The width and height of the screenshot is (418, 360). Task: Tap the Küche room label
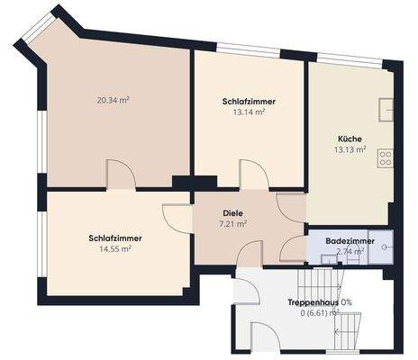(x=350, y=139)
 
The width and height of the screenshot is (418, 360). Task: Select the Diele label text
(x=233, y=214)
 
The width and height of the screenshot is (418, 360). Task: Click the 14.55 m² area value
(x=114, y=249)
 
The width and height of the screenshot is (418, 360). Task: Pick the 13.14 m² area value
(x=249, y=113)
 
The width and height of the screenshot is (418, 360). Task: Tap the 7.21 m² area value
(x=233, y=225)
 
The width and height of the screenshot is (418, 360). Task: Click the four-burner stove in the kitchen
(x=386, y=160)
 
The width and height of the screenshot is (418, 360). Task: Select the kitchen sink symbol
(x=386, y=109)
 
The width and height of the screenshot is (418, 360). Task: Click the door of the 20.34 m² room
(x=121, y=175)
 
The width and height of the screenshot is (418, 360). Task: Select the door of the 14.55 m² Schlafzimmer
(x=177, y=219)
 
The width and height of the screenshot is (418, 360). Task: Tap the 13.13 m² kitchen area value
(x=350, y=150)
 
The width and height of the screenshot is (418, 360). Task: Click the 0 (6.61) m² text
(x=316, y=313)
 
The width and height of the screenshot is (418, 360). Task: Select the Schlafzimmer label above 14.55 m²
(x=114, y=238)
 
